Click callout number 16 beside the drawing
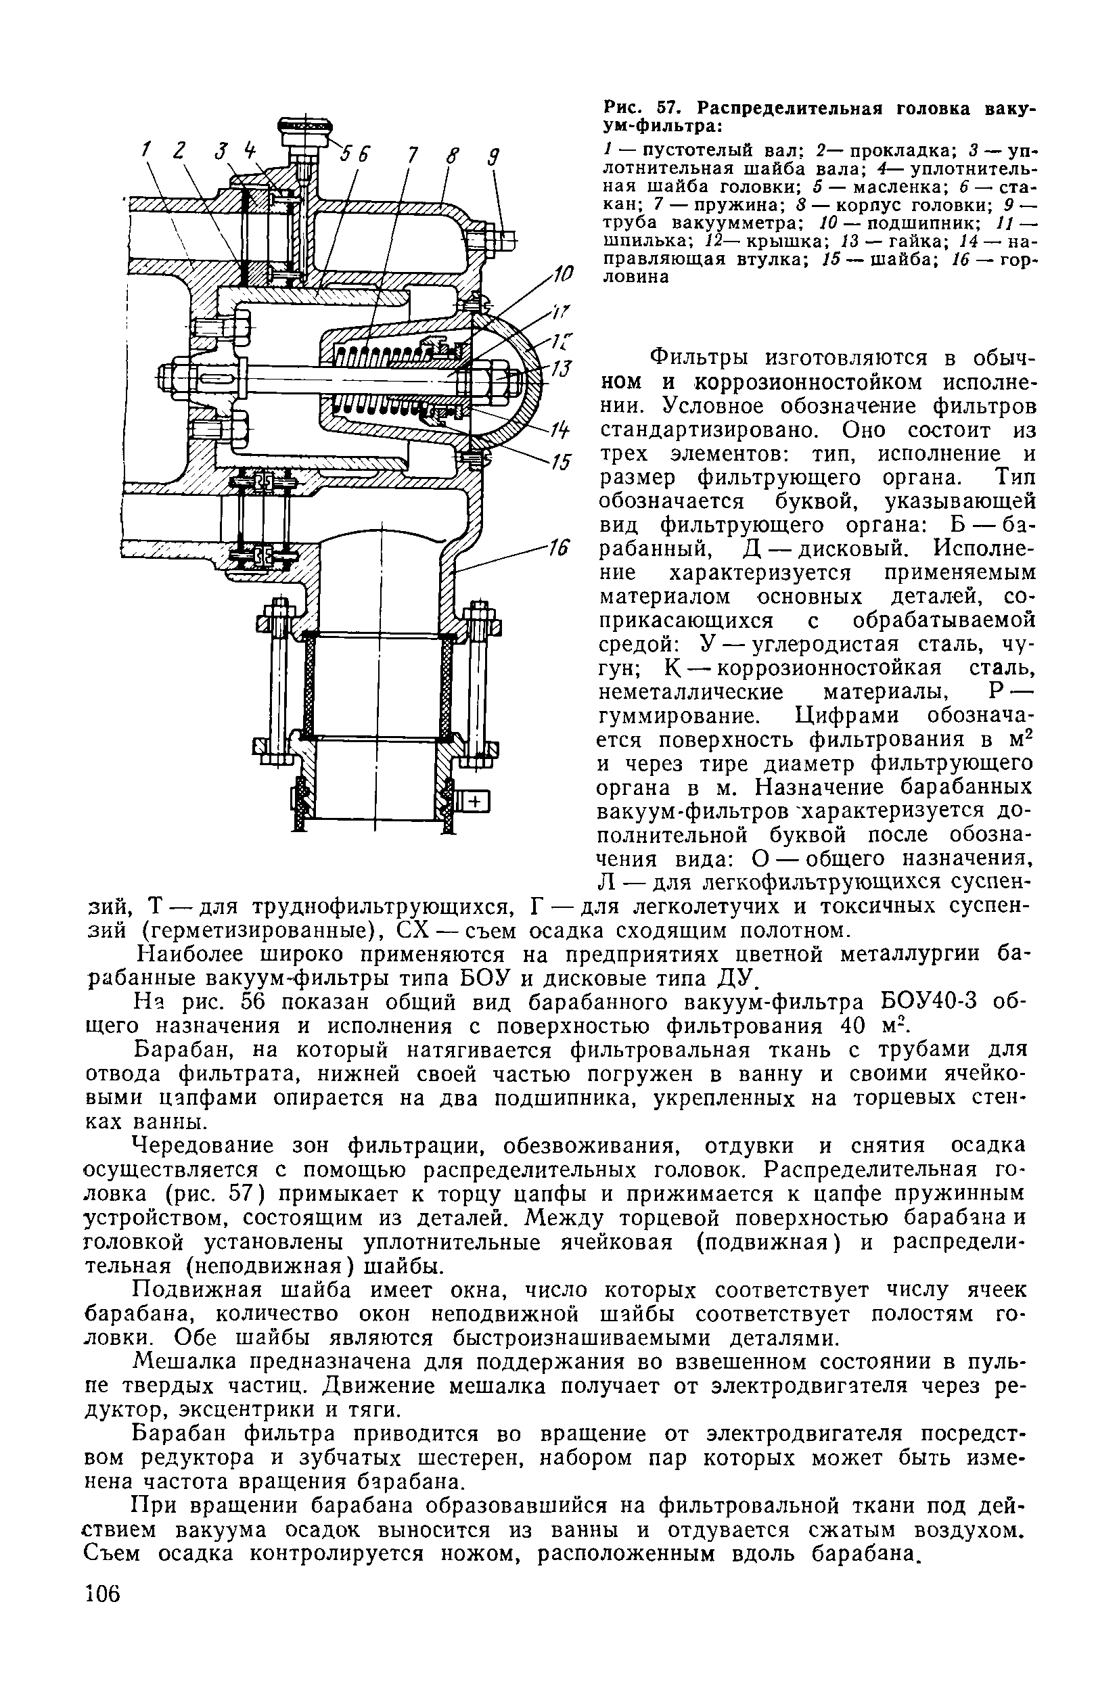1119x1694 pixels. point(557,548)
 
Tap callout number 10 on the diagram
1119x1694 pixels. point(563,273)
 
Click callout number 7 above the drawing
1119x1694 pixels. point(412,155)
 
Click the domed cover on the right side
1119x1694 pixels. point(518,375)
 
